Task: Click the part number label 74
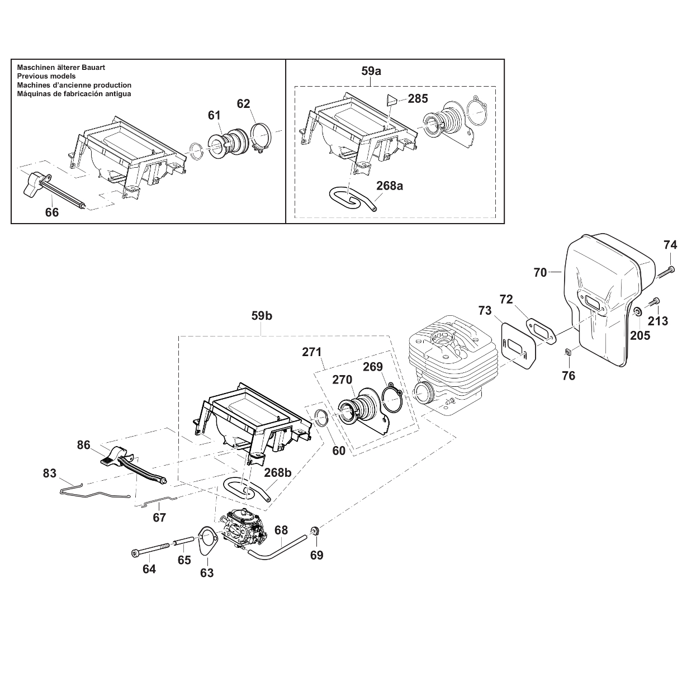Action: tap(670, 245)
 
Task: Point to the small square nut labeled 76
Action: tap(567, 352)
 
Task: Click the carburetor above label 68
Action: tap(246, 529)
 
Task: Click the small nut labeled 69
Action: tap(315, 531)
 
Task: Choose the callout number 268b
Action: tap(278, 472)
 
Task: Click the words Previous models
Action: tap(46, 76)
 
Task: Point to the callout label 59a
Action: tap(371, 71)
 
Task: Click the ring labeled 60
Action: tap(321, 417)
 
